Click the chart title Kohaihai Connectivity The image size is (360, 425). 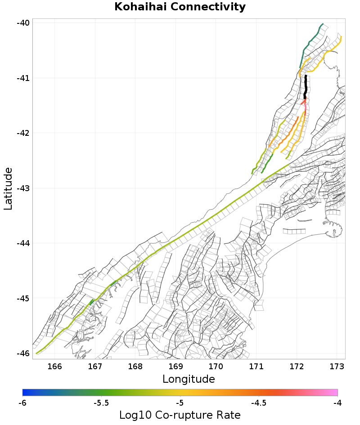coord(180,7)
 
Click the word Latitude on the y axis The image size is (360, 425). coord(8,188)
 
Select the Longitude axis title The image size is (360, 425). coord(189,379)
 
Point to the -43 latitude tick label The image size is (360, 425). coord(24,188)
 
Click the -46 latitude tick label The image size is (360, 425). coord(24,353)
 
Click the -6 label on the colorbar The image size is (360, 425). coord(22,403)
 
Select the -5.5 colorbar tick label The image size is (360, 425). coord(101,403)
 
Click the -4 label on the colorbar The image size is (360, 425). coord(337,403)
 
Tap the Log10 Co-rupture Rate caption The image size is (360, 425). coord(180,415)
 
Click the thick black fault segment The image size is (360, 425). coord(306,86)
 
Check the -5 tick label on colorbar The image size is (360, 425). coord(180,403)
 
